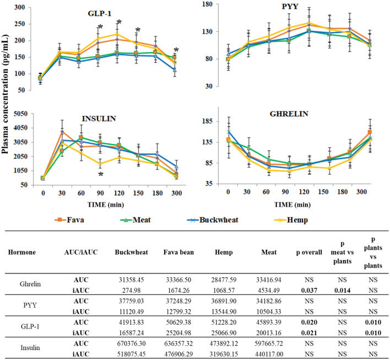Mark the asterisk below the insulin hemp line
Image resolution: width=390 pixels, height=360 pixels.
point(101,174)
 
